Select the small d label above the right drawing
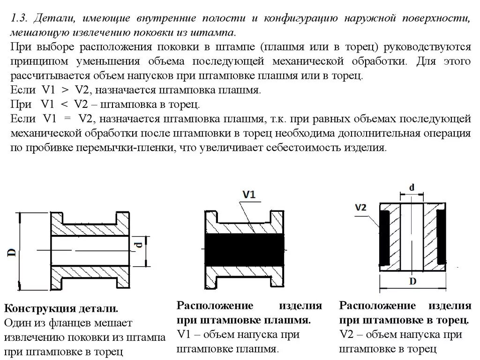coord(411,187)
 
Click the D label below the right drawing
coord(412,281)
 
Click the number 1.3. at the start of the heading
coord(21,19)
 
